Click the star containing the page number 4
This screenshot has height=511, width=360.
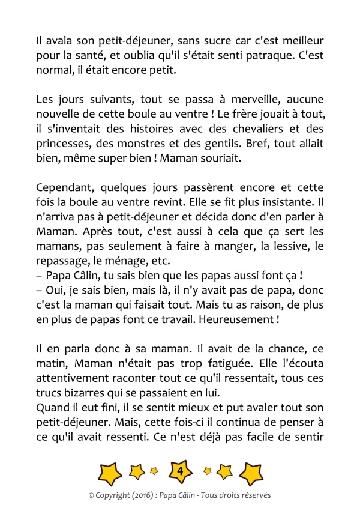180,473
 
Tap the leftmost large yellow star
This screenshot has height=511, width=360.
109,473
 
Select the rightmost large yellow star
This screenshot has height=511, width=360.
251,473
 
